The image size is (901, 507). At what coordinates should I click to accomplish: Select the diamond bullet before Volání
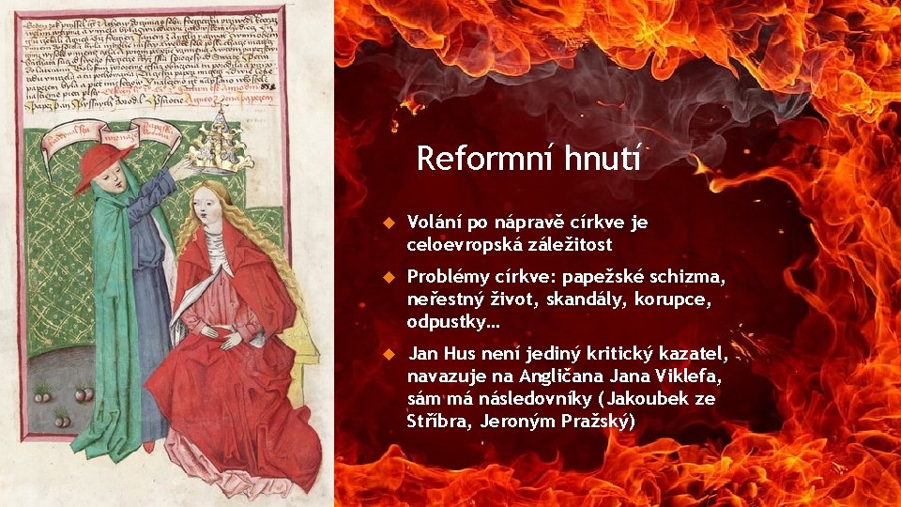click(x=386, y=224)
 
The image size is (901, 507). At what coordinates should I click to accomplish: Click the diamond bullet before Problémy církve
click(x=386, y=279)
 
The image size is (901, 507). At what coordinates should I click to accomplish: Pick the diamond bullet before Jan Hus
click(x=386, y=355)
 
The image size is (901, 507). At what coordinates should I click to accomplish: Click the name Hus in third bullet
click(x=456, y=355)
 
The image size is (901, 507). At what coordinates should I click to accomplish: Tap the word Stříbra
click(x=438, y=421)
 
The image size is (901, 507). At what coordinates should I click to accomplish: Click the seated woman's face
click(x=208, y=207)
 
